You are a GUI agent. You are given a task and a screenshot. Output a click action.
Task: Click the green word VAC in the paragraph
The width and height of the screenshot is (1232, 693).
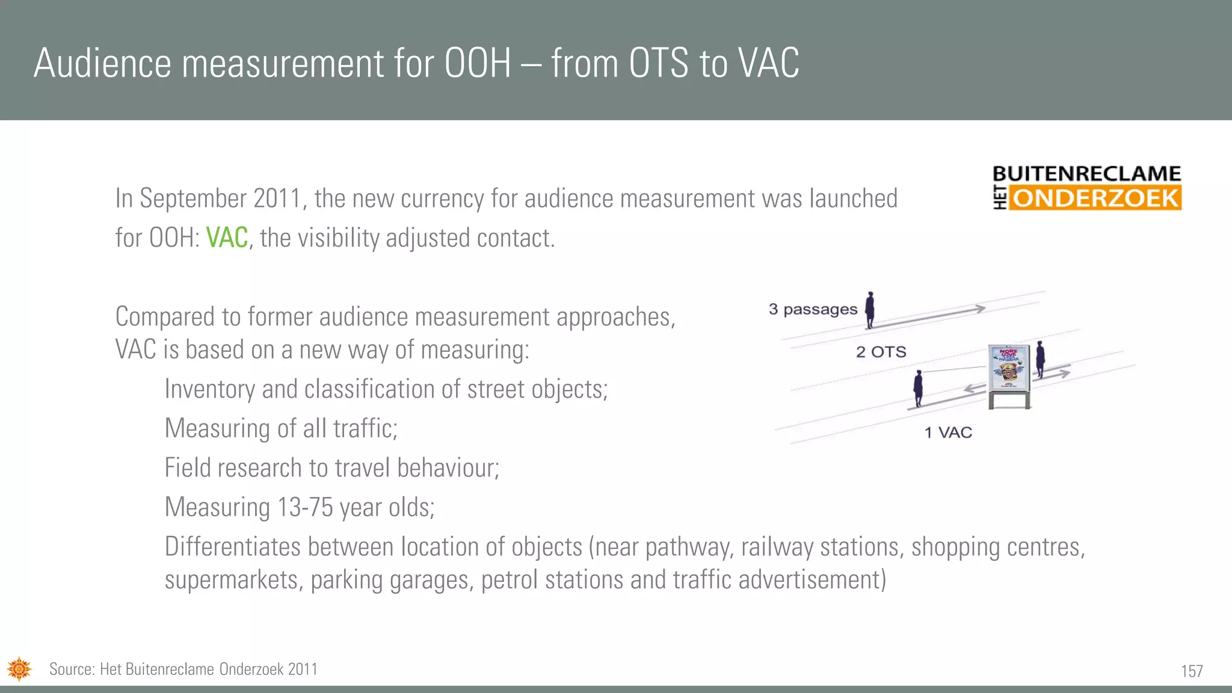227,238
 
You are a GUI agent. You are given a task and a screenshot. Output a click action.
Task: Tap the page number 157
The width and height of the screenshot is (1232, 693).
1191,671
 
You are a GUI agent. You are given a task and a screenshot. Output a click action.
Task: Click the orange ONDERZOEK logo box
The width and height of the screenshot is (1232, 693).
1095,198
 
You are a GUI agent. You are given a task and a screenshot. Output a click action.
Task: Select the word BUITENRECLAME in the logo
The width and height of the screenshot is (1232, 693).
1086,174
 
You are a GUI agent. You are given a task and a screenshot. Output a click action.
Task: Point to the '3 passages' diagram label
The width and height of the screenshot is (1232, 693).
812,309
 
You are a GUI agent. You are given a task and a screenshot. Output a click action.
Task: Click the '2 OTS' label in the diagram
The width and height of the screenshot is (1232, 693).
881,352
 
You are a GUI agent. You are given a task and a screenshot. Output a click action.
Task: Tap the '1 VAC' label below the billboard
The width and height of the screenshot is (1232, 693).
948,433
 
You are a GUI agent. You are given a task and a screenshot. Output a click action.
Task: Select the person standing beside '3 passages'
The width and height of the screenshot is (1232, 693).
869,310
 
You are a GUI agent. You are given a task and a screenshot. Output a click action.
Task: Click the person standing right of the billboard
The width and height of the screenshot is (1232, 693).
1040,359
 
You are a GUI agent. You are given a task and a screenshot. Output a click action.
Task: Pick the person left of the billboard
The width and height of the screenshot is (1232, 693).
918,389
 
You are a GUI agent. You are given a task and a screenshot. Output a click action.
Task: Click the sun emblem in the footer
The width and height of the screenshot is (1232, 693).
19,668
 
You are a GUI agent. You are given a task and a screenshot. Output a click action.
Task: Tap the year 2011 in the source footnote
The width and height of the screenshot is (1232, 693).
303,669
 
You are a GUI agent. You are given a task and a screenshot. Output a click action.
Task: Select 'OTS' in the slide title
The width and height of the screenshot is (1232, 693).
658,63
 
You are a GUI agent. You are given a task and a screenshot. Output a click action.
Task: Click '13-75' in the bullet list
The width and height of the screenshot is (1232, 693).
304,507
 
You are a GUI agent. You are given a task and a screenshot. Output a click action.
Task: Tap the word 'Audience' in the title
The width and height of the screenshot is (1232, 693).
102,63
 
